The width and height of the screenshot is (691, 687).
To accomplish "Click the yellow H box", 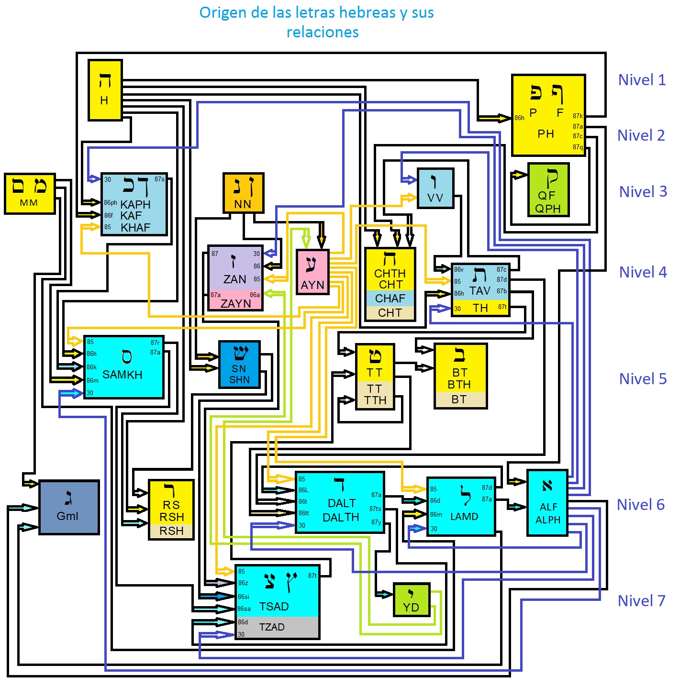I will (105, 90).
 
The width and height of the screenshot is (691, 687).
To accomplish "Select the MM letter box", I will (30, 193).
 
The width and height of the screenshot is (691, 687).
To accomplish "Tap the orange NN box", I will (243, 193).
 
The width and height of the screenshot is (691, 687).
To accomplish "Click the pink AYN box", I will (312, 272).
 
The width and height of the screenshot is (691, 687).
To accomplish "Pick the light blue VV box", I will (435, 188).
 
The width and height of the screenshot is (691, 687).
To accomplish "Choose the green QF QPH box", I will (548, 189).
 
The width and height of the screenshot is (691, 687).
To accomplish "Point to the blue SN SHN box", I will (239, 364).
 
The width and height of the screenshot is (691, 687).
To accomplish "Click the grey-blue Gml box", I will (69, 507).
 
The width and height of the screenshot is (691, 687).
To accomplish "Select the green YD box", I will (411, 599).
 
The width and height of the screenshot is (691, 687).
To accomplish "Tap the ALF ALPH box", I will (547, 502).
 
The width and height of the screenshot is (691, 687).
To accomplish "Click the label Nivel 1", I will (642, 80).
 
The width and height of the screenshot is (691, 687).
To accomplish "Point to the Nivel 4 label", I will (643, 272).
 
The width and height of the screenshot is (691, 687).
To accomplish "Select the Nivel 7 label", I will (641, 601).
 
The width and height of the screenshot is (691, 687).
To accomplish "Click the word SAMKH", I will (122, 375).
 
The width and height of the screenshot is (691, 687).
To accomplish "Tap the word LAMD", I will (464, 517).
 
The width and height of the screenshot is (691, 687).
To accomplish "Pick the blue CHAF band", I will (390, 299).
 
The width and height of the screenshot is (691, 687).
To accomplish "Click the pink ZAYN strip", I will (235, 303).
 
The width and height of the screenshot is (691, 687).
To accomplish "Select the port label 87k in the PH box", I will (578, 116).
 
